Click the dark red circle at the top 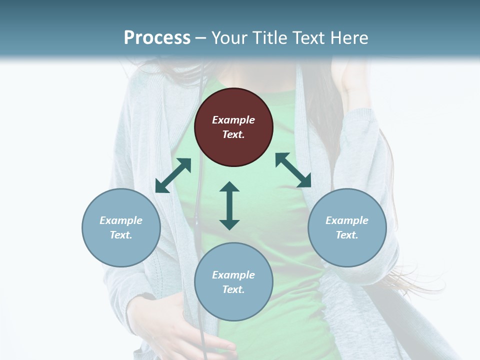tap(233, 127)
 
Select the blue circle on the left tap(121, 227)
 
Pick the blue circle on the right tap(347, 227)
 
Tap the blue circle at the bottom tap(233, 282)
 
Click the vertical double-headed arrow tap(229, 205)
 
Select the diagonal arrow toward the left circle tap(173, 175)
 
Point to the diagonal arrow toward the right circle tap(293, 170)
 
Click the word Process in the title tap(157, 37)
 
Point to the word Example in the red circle tap(233, 120)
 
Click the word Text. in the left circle tap(121, 235)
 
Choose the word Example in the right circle tap(347, 220)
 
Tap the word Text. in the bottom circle tap(233, 289)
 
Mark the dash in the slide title tap(201, 37)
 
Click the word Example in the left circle tap(121, 220)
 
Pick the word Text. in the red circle tap(233, 134)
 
